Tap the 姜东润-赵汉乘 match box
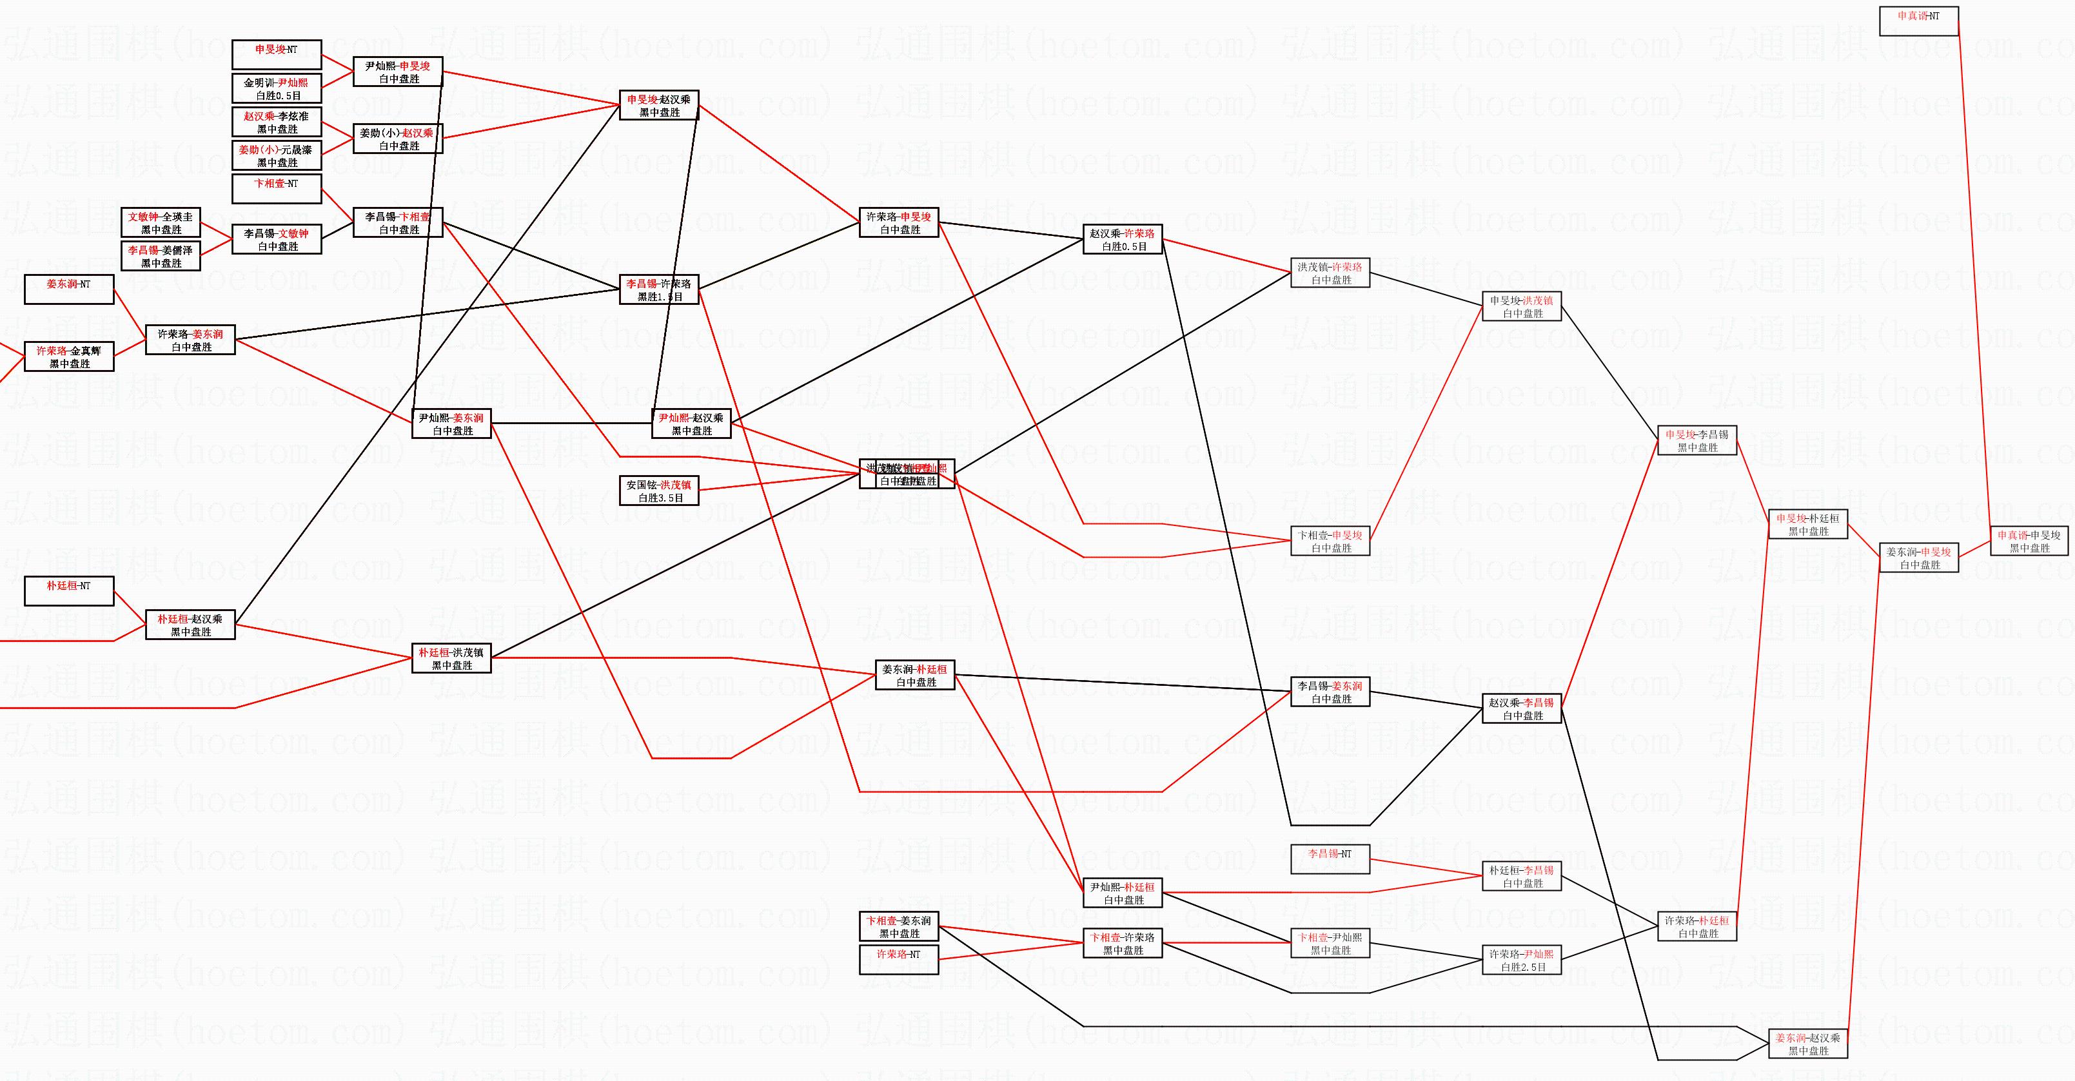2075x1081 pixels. [1807, 1044]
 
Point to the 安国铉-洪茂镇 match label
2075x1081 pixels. [659, 485]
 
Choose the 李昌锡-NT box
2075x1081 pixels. [1330, 859]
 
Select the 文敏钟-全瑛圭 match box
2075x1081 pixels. [161, 223]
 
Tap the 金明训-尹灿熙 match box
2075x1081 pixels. [276, 88]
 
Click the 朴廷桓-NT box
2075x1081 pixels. [68, 591]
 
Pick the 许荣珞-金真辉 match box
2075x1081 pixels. [68, 357]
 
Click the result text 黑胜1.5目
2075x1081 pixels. [660, 297]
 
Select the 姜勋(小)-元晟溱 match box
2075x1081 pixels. [276, 155]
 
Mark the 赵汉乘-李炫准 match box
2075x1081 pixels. [276, 122]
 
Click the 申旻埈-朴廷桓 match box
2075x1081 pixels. [1807, 525]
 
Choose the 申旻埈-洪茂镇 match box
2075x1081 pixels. [1522, 306]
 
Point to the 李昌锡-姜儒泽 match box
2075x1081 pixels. [161, 256]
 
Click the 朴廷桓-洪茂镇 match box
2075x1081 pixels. [451, 658]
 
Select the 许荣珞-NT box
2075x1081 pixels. [898, 960]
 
